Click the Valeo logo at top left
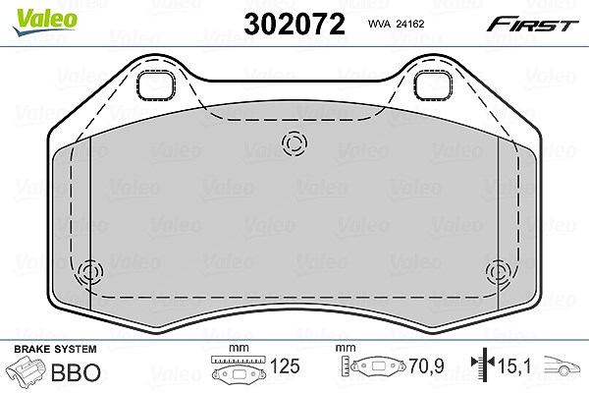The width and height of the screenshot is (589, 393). (x=44, y=22)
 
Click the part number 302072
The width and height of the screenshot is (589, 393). (x=294, y=24)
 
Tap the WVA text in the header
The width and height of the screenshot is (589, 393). (x=380, y=24)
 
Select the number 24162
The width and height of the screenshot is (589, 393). (x=410, y=24)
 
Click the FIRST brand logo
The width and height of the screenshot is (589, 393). (x=533, y=25)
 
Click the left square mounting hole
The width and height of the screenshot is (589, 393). (x=155, y=86)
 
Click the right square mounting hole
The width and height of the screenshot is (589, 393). (x=433, y=86)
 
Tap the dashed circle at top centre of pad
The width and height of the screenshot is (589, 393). (x=294, y=143)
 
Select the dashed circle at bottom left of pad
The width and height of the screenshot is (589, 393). (x=90, y=271)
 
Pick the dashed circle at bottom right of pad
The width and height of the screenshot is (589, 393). (x=499, y=271)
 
